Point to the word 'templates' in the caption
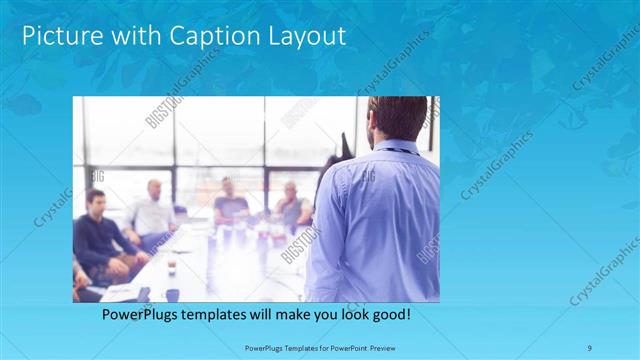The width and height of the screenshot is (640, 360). pyautogui.click(x=225, y=315)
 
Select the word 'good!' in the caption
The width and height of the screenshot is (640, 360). pyautogui.click(x=388, y=315)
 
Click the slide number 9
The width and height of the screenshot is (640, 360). pyautogui.click(x=589, y=347)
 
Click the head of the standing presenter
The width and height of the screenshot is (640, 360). pyautogui.click(x=393, y=118)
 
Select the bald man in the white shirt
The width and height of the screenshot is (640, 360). pyautogui.click(x=152, y=210)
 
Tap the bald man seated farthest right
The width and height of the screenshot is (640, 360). pyautogui.click(x=291, y=205)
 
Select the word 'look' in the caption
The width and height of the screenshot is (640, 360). pyautogui.click(x=347, y=315)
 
